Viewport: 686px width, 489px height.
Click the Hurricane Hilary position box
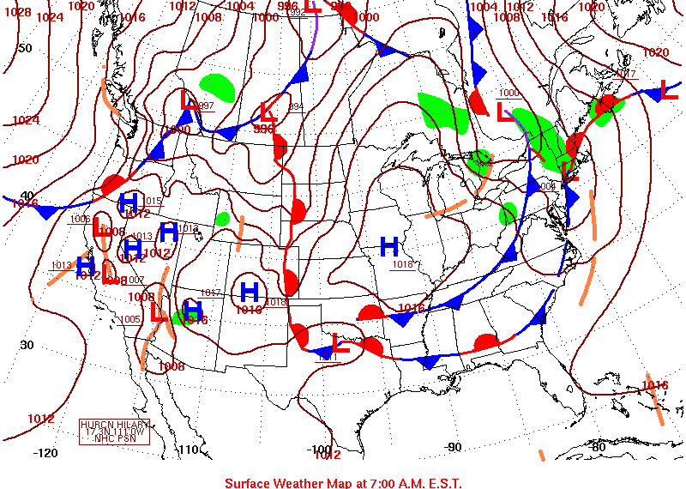[115, 432]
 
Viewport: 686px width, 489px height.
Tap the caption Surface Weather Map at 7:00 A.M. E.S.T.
[343, 483]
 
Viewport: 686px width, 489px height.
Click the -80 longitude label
[598, 446]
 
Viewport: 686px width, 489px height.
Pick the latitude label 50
[26, 48]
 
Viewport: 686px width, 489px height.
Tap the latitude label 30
[27, 345]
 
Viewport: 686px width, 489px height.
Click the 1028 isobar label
[17, 13]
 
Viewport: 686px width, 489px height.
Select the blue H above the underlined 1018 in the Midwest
[389, 247]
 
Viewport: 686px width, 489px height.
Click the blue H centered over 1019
[250, 291]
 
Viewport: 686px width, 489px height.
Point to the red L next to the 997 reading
[188, 100]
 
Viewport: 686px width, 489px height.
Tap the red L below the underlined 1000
[503, 112]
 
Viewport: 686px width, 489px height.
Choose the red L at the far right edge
[669, 89]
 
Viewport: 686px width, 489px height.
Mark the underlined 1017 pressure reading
[210, 293]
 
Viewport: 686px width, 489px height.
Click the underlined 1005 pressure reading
[129, 320]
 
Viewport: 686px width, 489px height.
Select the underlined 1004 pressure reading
[547, 185]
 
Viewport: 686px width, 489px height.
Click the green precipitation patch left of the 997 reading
[217, 86]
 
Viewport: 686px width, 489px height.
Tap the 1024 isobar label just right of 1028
[51, 17]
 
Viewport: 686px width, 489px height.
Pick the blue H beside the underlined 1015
[129, 202]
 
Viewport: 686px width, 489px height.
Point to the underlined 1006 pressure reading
[81, 219]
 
